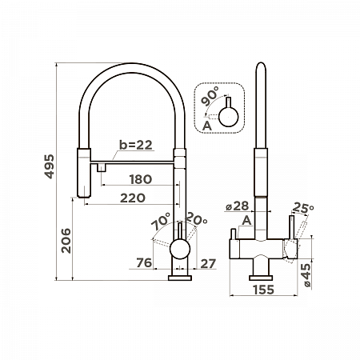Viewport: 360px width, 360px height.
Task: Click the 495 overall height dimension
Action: (50, 166)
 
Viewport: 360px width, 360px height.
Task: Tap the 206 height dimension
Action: (66, 241)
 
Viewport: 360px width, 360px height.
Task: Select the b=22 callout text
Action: (136, 145)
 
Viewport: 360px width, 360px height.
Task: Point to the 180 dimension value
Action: (141, 179)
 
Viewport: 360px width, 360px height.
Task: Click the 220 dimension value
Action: (133, 198)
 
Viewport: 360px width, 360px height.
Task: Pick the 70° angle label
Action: (161, 221)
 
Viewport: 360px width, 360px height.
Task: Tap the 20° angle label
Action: (196, 218)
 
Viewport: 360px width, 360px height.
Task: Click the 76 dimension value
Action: (144, 262)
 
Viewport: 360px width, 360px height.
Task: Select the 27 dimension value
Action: (208, 264)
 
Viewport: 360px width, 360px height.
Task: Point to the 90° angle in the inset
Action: (210, 96)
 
